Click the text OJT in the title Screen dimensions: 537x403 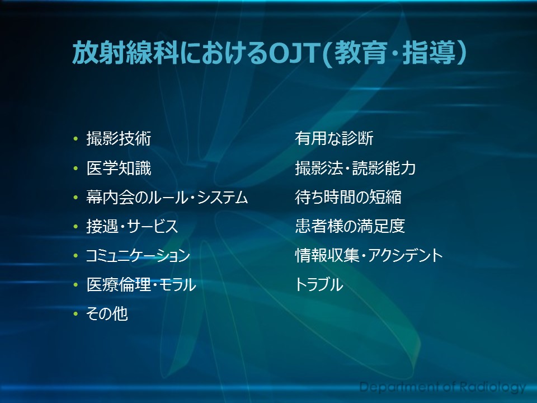coord(294,53)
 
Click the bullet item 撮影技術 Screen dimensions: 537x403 coord(119,139)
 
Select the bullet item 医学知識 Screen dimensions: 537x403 coord(119,168)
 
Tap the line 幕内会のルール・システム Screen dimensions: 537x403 coord(167,198)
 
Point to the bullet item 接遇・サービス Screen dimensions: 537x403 coord(132,227)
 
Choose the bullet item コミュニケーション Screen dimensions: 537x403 coord(138,256)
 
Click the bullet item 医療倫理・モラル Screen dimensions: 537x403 coord(142,285)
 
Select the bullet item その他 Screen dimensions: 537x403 coord(107,314)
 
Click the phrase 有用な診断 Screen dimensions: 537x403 coord(335,138)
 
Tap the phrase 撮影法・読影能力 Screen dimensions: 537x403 coord(356,168)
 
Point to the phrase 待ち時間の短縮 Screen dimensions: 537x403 coord(348,197)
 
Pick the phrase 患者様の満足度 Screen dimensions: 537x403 coord(350,226)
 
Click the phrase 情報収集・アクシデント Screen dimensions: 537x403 coord(369,256)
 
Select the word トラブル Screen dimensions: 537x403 coord(319,285)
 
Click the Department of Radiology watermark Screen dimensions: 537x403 coord(442,387)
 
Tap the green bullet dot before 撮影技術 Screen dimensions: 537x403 coord(76,139)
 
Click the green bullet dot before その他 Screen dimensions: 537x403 coord(76,314)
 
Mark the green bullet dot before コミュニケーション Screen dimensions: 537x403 coord(76,256)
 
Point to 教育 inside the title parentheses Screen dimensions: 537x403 coord(361,53)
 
